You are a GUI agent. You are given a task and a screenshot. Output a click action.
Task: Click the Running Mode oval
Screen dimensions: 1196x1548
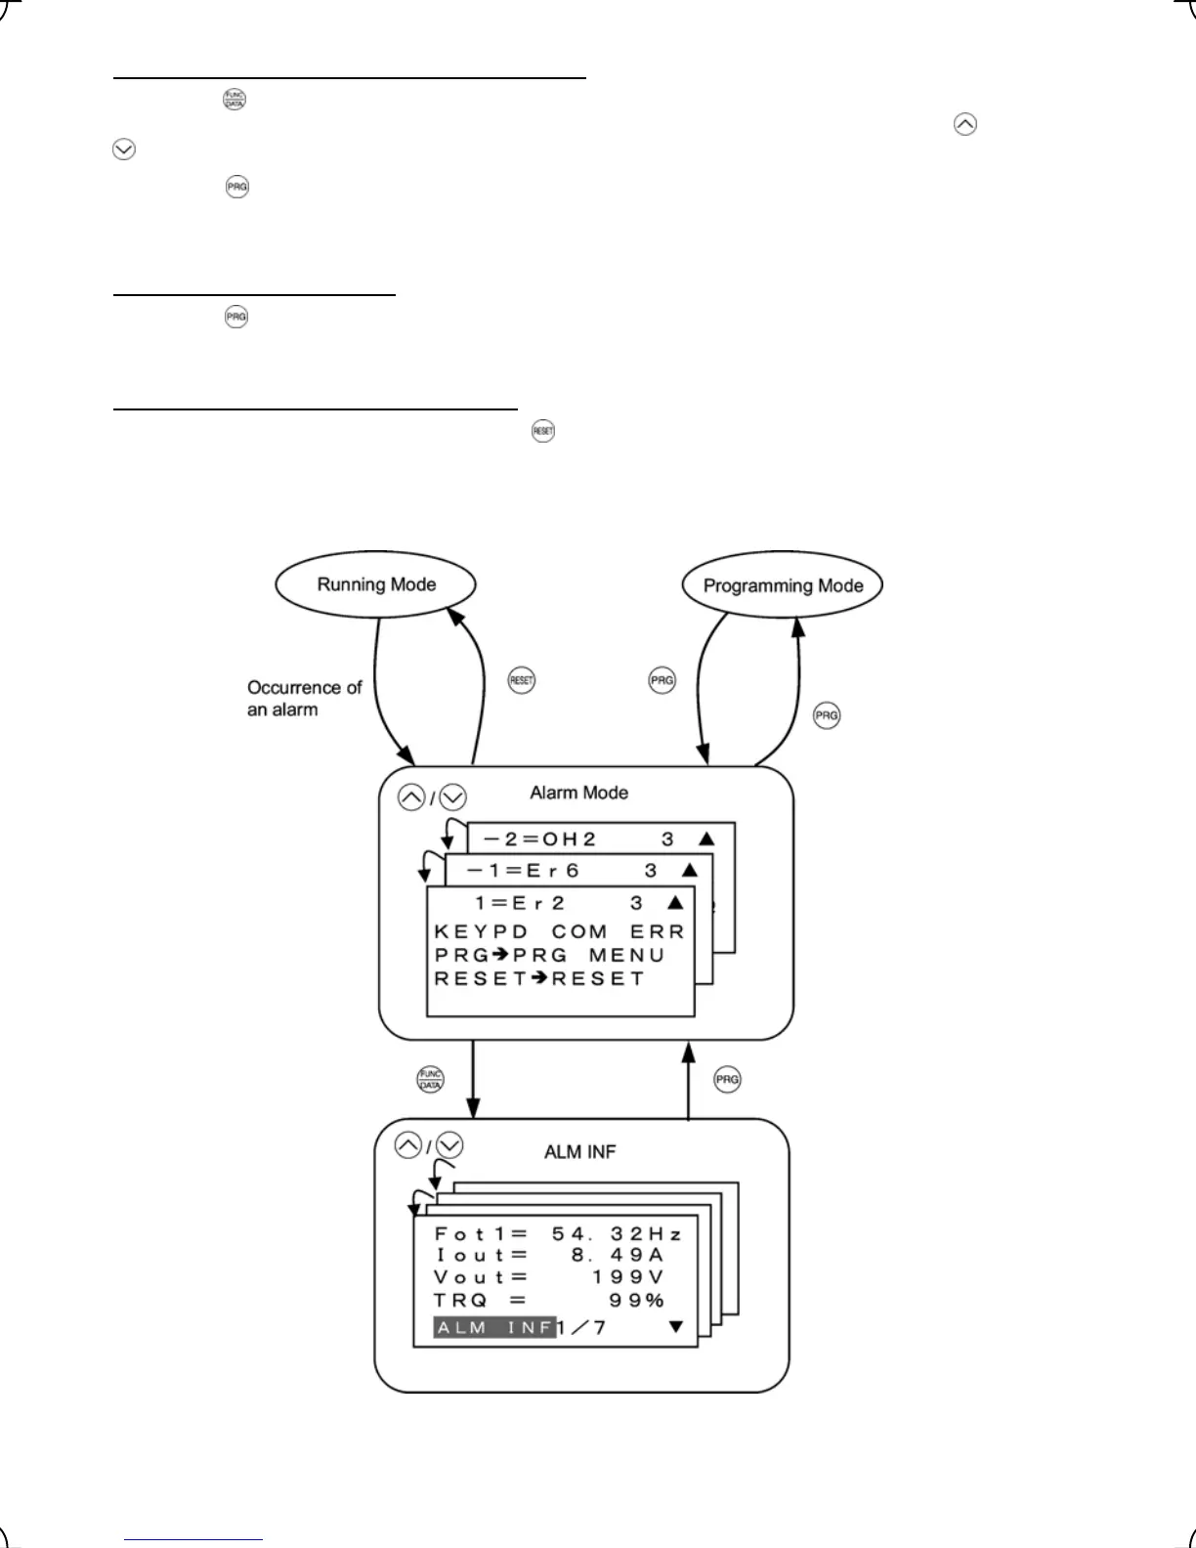[x=376, y=584]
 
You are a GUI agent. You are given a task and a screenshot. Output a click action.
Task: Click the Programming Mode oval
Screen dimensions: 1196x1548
[x=783, y=585]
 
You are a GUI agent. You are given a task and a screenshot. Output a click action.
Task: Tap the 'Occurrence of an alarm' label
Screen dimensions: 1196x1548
[x=303, y=698]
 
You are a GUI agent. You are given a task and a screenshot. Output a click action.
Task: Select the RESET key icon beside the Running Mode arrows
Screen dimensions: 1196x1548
[x=522, y=681]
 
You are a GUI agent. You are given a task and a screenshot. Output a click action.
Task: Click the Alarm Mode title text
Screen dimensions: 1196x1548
[x=578, y=793]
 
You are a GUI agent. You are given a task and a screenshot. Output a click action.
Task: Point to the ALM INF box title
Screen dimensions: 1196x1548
[x=579, y=1152]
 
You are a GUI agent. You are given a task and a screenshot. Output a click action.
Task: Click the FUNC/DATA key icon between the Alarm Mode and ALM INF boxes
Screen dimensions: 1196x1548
[x=430, y=1079]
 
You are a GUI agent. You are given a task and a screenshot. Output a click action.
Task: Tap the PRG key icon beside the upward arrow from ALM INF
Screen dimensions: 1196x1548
[x=727, y=1079]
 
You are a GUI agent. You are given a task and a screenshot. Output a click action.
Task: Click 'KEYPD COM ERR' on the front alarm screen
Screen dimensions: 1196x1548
[x=559, y=931]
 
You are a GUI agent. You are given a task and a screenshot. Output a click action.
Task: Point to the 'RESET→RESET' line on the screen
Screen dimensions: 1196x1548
[x=539, y=978]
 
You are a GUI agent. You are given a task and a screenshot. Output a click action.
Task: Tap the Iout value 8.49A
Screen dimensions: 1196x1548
[x=618, y=1255]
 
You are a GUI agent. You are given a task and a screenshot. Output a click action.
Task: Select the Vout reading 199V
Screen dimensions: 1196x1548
[x=627, y=1277]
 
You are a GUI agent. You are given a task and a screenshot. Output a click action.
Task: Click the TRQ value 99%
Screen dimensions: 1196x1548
[x=636, y=1300]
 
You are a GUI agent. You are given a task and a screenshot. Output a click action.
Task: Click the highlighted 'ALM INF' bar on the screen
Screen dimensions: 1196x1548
[x=494, y=1327]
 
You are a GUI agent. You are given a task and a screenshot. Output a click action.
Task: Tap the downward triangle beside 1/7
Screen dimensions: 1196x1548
[x=675, y=1327]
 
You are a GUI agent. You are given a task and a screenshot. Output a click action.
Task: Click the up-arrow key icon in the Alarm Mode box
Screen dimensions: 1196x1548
[x=411, y=797]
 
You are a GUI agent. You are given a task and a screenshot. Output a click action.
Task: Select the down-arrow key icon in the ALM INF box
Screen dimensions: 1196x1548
[x=449, y=1145]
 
